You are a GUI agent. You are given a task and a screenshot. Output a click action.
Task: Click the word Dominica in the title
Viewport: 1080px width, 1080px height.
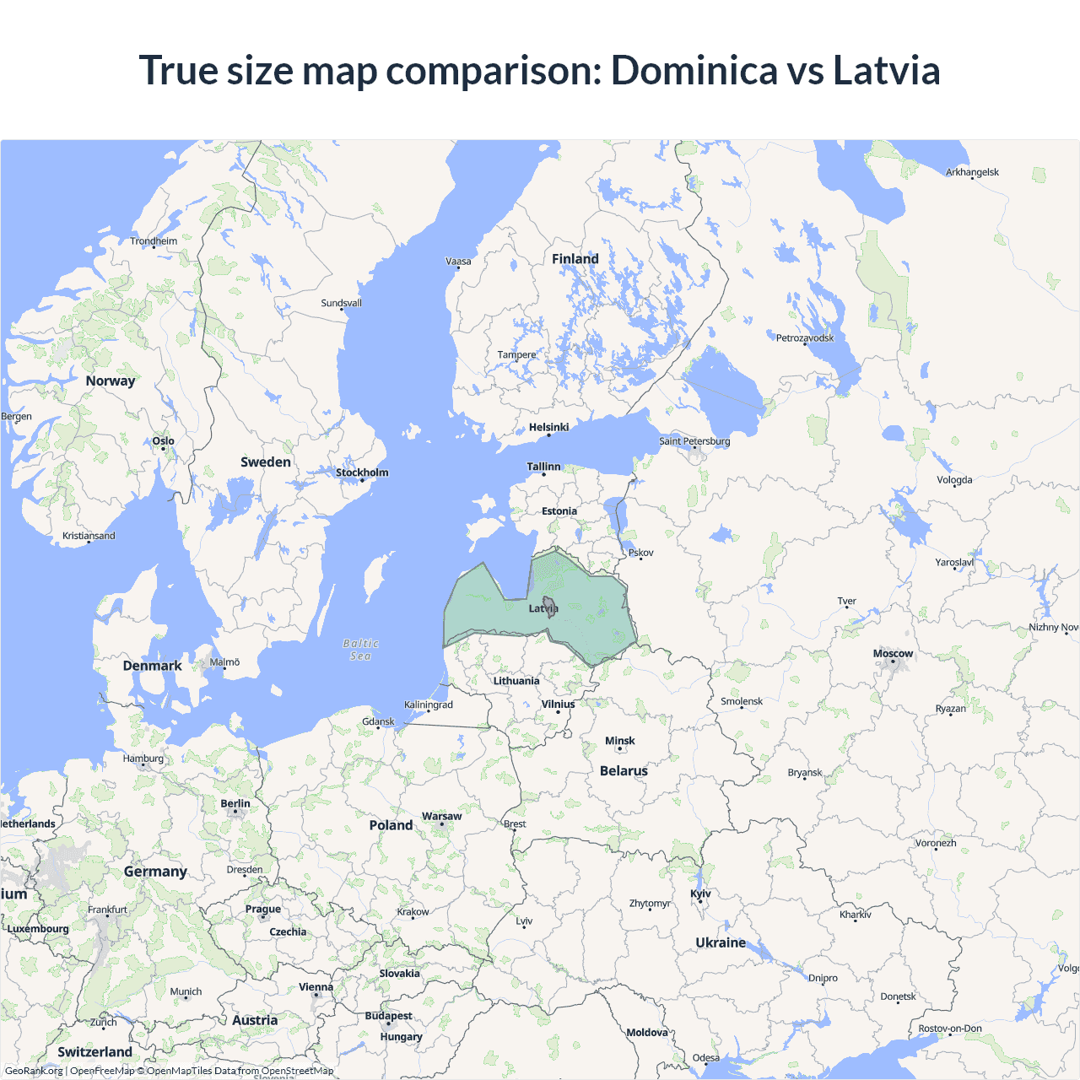pyautogui.click(x=694, y=70)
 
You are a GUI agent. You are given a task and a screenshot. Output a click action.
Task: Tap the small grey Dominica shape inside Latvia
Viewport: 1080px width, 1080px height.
pyautogui.click(x=549, y=607)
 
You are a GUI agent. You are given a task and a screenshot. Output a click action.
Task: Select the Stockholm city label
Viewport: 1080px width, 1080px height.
pyautogui.click(x=362, y=472)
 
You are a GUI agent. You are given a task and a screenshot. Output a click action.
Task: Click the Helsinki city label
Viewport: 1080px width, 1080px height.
pyautogui.click(x=548, y=427)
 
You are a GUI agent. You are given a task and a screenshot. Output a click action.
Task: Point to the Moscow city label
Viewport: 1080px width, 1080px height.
pyautogui.click(x=893, y=653)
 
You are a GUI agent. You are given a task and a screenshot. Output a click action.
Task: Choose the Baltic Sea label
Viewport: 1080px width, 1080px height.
pyautogui.click(x=360, y=650)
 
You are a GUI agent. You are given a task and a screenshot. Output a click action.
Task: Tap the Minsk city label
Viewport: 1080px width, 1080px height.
pyautogui.click(x=619, y=741)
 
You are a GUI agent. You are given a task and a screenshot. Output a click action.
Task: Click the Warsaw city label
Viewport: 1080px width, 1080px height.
pyautogui.click(x=441, y=816)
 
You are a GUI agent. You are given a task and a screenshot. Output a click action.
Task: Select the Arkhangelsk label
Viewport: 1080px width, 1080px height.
pyautogui.click(x=972, y=172)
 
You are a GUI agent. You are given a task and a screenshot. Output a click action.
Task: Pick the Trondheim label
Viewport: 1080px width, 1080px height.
pyautogui.click(x=154, y=241)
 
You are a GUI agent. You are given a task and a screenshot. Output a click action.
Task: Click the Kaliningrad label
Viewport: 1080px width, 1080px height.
pyautogui.click(x=428, y=705)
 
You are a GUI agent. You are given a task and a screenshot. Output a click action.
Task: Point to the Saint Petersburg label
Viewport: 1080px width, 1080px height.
pyautogui.click(x=694, y=441)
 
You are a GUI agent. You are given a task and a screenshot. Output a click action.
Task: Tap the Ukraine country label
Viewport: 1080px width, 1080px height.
pyautogui.click(x=721, y=942)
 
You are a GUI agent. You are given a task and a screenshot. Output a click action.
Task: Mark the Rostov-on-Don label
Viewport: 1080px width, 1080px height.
pyautogui.click(x=949, y=1029)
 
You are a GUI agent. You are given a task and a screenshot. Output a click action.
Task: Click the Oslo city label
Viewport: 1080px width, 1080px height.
pyautogui.click(x=163, y=440)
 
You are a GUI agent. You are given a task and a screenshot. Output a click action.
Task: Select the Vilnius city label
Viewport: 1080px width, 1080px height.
pyautogui.click(x=558, y=704)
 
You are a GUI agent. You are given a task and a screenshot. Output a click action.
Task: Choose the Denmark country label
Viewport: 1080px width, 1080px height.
pyautogui.click(x=152, y=666)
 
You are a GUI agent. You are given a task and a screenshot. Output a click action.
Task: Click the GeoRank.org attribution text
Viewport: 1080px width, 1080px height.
pyautogui.click(x=34, y=1071)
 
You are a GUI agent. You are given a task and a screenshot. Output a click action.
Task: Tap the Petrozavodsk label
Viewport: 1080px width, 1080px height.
pyautogui.click(x=804, y=338)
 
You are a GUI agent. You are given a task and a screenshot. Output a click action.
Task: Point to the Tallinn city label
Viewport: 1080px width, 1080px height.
pyautogui.click(x=543, y=467)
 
